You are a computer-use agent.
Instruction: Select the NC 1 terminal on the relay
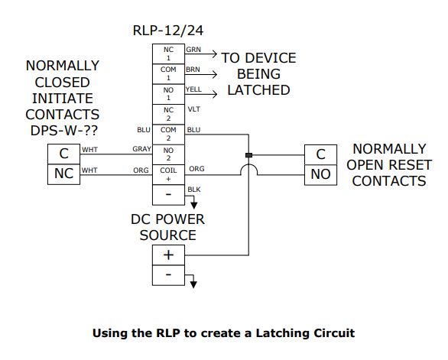pyautogui.click(x=168, y=53)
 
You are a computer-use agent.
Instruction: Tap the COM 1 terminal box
pyautogui.click(x=168, y=73)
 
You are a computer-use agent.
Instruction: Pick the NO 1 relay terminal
pyautogui.click(x=168, y=92)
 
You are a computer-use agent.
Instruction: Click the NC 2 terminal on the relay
pyautogui.click(x=168, y=112)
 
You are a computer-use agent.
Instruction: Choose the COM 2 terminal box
pyautogui.click(x=168, y=133)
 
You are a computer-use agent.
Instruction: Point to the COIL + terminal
pyautogui.click(x=168, y=173)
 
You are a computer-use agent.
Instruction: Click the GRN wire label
pyautogui.click(x=193, y=49)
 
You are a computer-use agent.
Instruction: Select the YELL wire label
pyautogui.click(x=195, y=89)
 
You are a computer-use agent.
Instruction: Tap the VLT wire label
pyautogui.click(x=193, y=109)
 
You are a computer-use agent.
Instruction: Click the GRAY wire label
pyautogui.click(x=141, y=149)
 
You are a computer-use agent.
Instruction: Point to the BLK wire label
pyautogui.click(x=193, y=188)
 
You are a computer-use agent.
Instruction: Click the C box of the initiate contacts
pyautogui.click(x=63, y=154)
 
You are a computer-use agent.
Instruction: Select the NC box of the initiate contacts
pyautogui.click(x=63, y=174)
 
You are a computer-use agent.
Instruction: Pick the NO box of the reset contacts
pyautogui.click(x=320, y=174)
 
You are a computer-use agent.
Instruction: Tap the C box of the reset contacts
pyautogui.click(x=320, y=154)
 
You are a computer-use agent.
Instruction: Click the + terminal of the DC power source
pyautogui.click(x=168, y=255)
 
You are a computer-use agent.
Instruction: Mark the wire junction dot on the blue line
pyautogui.click(x=248, y=155)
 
